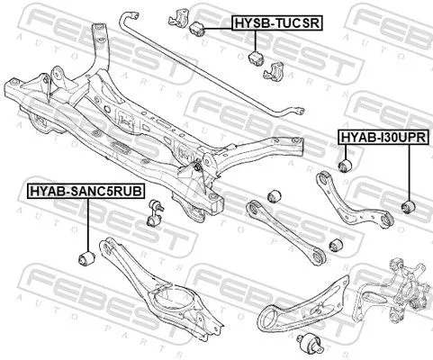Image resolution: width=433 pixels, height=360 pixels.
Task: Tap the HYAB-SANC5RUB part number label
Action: [75, 191]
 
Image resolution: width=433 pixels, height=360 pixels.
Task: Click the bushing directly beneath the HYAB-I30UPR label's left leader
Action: [343, 166]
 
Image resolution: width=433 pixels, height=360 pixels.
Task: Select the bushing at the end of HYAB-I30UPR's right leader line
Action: [407, 208]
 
